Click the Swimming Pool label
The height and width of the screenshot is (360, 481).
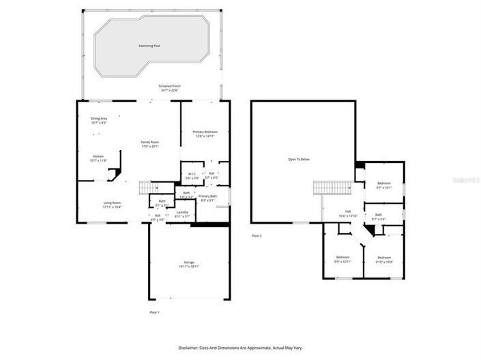coord(149,46)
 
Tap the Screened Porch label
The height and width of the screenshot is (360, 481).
coord(169,87)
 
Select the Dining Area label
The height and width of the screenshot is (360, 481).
coord(99,120)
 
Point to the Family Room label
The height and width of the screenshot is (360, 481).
coord(150,143)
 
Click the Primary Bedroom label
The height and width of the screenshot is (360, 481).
coord(205,134)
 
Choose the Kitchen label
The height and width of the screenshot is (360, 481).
coord(99,157)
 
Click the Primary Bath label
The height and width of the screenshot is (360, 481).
coord(208,198)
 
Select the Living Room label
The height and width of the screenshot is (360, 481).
coord(112,204)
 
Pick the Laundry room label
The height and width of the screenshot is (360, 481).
coord(182,213)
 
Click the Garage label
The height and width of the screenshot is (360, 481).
coord(189,264)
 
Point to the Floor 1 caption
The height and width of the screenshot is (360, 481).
coord(154,312)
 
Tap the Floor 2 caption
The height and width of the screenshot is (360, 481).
coord(257,235)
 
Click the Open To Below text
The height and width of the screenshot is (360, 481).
coord(299,160)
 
